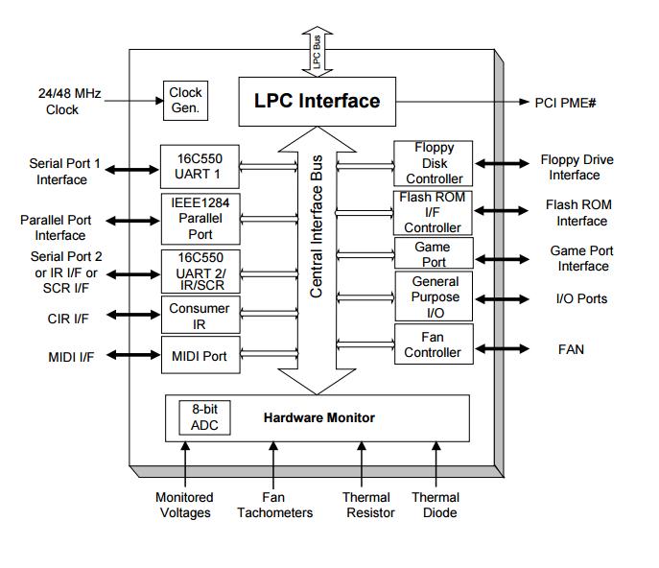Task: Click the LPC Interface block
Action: [317, 101]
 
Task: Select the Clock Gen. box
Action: [185, 100]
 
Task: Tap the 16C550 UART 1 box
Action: [200, 166]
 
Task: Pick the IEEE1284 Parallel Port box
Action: [200, 218]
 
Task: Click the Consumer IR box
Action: [200, 316]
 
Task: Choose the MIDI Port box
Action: [200, 356]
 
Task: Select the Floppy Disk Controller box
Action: [434, 163]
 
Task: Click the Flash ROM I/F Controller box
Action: [434, 213]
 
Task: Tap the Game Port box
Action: [434, 254]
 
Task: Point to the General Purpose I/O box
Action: [434, 296]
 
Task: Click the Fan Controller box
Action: [434, 344]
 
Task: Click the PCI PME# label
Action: [565, 102]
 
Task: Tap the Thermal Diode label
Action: [435, 505]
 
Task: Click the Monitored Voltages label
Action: [184, 505]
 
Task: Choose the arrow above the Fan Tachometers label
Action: [274, 465]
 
